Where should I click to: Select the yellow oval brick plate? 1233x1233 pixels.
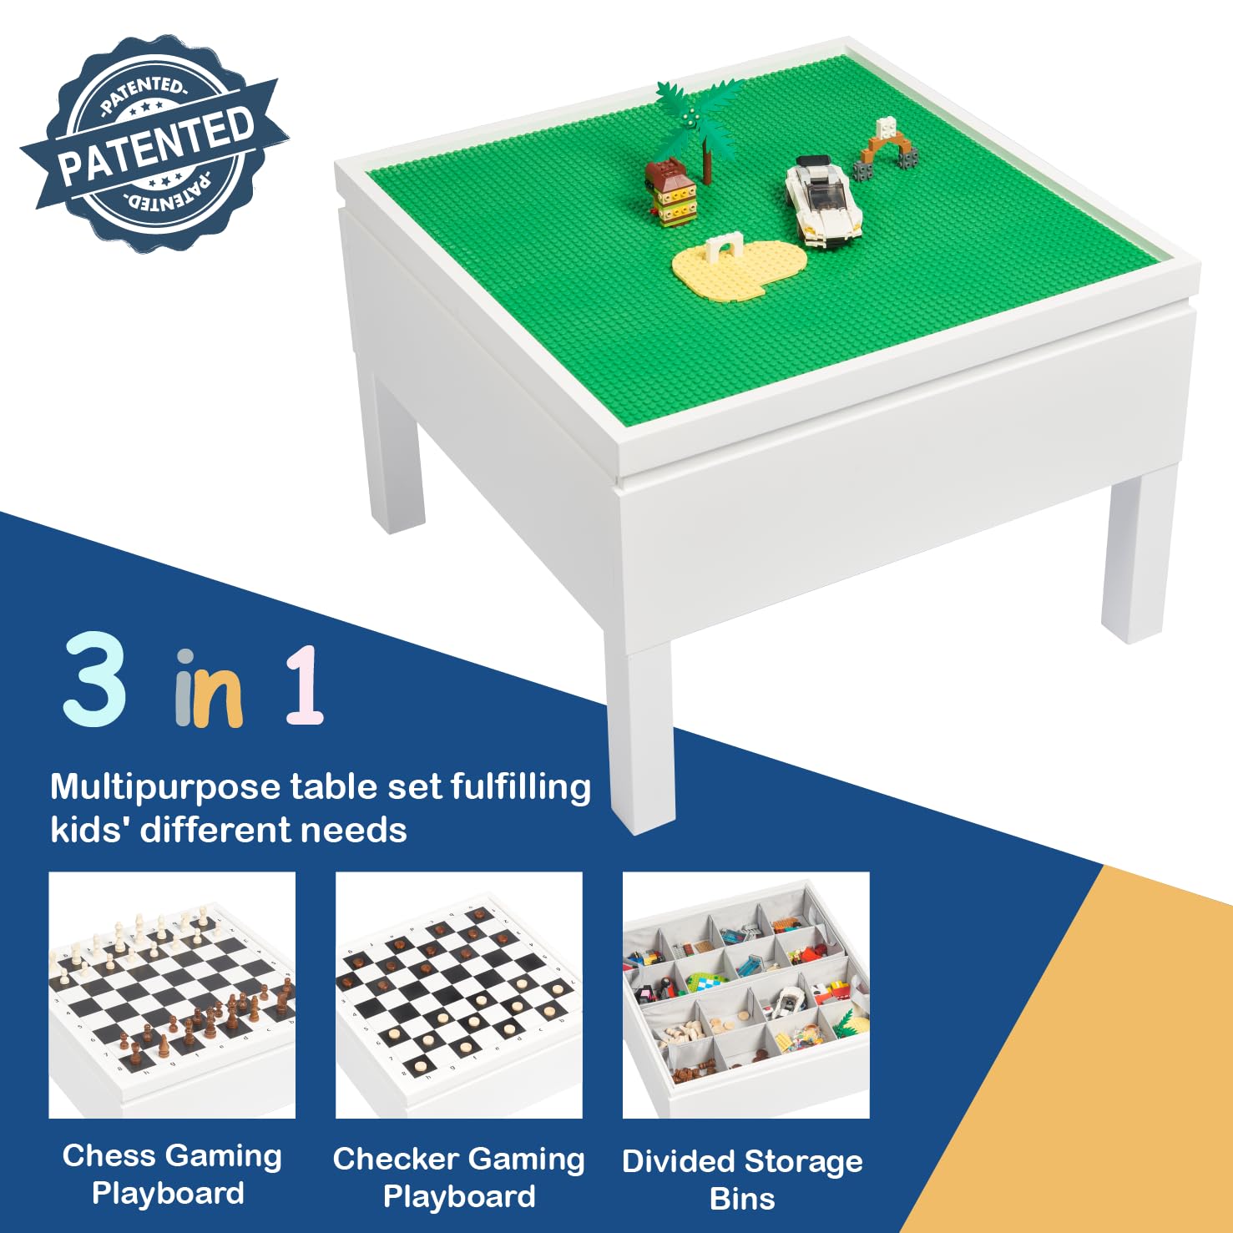pyautogui.click(x=739, y=267)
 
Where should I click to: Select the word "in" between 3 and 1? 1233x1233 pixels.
pyautogui.click(x=209, y=690)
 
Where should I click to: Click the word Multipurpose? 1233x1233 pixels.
pyautogui.click(x=165, y=787)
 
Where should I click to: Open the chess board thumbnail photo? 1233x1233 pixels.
pyautogui.click(x=172, y=995)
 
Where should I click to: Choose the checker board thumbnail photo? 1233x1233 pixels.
pyautogui.click(x=458, y=995)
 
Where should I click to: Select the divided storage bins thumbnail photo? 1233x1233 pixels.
pyautogui.click(x=745, y=995)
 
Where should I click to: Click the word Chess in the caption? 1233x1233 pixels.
pyautogui.click(x=98, y=1156)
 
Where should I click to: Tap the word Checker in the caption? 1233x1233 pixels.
pyautogui.click(x=396, y=1160)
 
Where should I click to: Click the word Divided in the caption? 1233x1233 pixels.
pyautogui.click(x=678, y=1161)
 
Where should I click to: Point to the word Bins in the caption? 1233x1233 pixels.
pyautogui.click(x=742, y=1199)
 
